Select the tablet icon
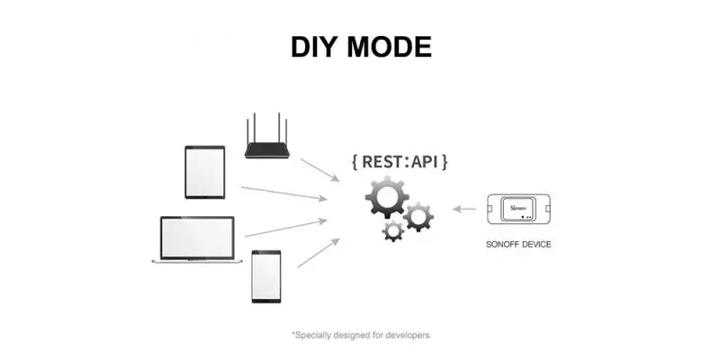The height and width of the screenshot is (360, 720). pyautogui.click(x=204, y=172)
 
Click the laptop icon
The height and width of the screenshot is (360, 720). pyautogui.click(x=197, y=239)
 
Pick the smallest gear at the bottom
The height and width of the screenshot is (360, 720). pyautogui.click(x=393, y=230)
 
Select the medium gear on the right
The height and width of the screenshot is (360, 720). pyautogui.click(x=418, y=216)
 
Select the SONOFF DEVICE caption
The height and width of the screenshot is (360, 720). pyautogui.click(x=517, y=244)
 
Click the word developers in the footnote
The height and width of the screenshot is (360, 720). pyautogui.click(x=408, y=335)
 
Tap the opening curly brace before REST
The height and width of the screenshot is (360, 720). pyautogui.click(x=356, y=163)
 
